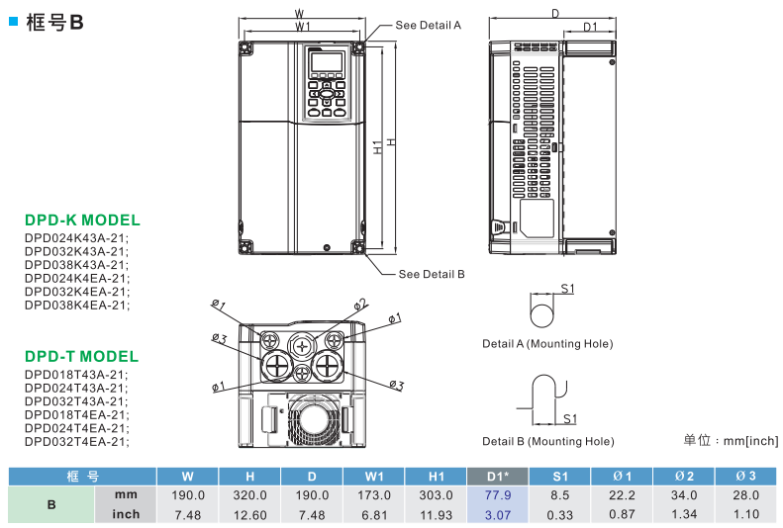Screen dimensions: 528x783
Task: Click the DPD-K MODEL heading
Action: pos(82,220)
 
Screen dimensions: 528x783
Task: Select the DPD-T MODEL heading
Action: pos(81,356)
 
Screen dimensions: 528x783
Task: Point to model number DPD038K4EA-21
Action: pos(76,305)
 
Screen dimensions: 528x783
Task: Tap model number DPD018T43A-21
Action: pos(76,375)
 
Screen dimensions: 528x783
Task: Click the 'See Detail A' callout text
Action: pos(428,25)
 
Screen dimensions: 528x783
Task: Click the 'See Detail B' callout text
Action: pos(431,274)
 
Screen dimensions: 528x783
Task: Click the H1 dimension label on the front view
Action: pos(378,147)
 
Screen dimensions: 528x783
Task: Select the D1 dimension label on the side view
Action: pos(589,27)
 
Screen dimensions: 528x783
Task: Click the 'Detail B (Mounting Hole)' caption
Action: pos(547,441)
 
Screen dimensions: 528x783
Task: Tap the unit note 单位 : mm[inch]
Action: pos(731,441)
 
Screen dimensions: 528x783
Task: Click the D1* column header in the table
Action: pos(497,476)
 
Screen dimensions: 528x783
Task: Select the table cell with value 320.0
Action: pos(249,494)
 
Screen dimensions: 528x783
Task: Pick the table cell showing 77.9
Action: pos(497,494)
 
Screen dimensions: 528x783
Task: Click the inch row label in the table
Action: pos(126,514)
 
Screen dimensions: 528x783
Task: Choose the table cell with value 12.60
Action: pos(249,514)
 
